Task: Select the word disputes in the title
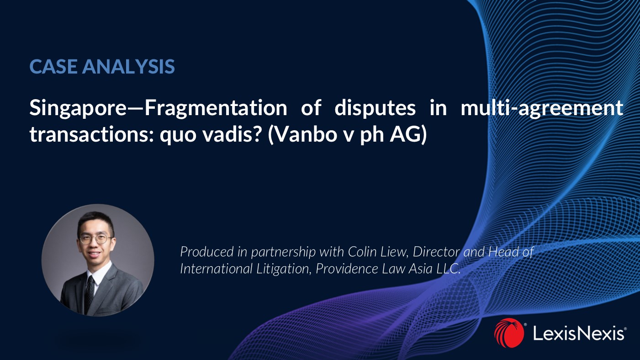click(x=375, y=108)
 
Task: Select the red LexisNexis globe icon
click(x=508, y=333)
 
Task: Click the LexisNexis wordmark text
click(x=578, y=334)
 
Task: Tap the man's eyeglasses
click(x=95, y=238)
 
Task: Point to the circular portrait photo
click(x=98, y=259)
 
